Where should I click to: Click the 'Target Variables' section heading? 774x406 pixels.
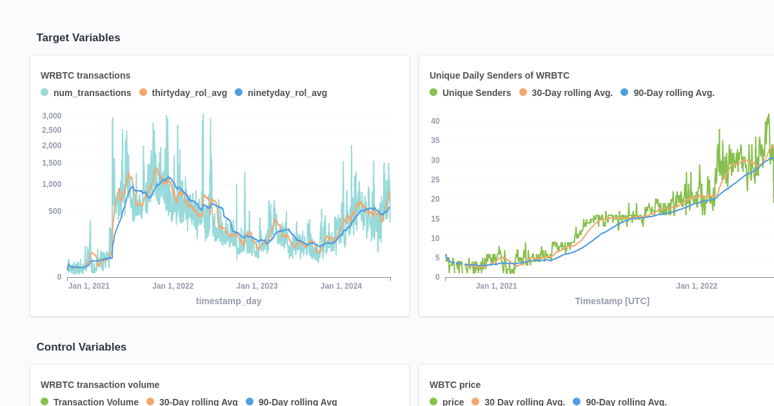(78, 37)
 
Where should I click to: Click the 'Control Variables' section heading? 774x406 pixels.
(81, 347)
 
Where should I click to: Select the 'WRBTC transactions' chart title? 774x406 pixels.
(85, 75)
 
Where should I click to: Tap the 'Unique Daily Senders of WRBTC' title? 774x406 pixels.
(499, 75)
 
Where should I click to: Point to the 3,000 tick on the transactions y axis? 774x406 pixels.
(52, 116)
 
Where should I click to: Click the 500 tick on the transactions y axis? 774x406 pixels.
(55, 211)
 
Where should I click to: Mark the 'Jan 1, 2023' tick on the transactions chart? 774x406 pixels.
(257, 286)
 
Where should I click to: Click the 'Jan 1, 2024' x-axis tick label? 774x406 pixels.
(341, 286)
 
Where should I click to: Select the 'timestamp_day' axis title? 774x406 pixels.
(228, 301)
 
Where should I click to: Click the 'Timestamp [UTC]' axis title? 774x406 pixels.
(612, 301)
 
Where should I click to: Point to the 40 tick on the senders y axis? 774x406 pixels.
(435, 121)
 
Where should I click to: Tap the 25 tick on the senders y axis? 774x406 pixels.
(435, 180)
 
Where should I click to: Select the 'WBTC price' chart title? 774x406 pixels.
(455, 385)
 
